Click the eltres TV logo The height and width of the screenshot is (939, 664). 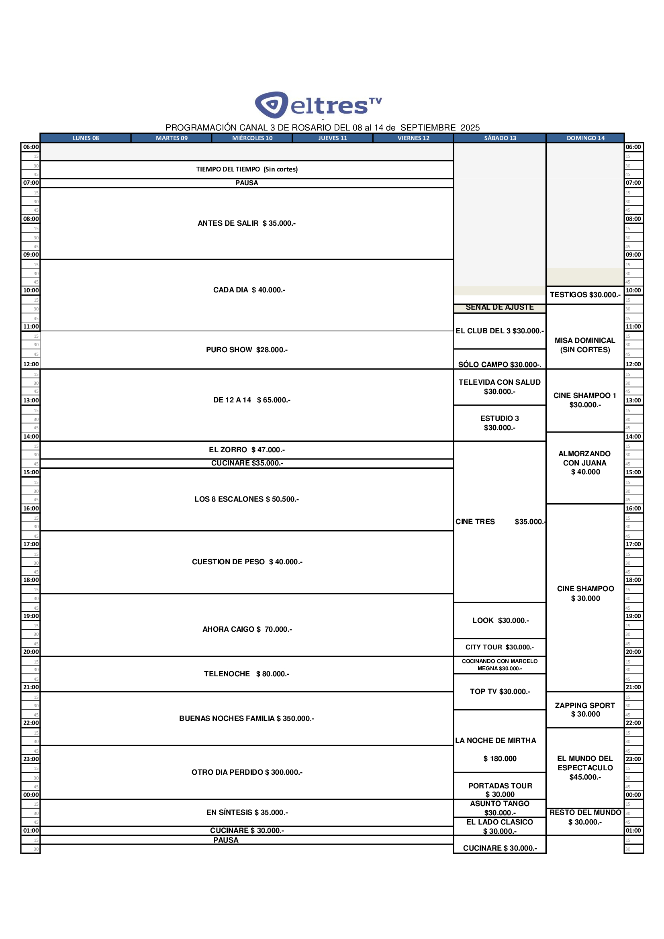[x=318, y=105]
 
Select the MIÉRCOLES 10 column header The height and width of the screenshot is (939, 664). [x=252, y=138]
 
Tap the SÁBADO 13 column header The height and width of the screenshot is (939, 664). [x=500, y=138]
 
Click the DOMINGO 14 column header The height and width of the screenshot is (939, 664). [x=585, y=138]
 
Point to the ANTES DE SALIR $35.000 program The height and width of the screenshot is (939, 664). [x=246, y=223]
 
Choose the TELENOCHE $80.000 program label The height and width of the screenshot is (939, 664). [x=246, y=674]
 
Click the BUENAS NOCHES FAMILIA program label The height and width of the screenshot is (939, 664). [x=246, y=719]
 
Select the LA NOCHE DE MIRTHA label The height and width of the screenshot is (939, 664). [x=495, y=741]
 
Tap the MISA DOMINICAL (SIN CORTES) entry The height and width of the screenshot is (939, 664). [x=584, y=345]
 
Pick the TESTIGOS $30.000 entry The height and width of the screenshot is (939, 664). [x=584, y=295]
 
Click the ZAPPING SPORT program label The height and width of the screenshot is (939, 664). [x=584, y=710]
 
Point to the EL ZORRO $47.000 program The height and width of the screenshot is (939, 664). [x=246, y=450]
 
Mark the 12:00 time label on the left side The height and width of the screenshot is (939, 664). [x=31, y=364]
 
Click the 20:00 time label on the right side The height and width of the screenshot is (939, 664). [x=633, y=652]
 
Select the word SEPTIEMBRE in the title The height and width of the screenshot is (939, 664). [x=427, y=128]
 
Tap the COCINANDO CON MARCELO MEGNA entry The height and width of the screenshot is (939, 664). [x=500, y=665]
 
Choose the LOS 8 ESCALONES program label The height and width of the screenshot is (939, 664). [x=246, y=499]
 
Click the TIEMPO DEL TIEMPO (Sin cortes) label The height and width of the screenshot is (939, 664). [x=247, y=169]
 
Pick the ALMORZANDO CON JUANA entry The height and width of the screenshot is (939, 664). [x=584, y=463]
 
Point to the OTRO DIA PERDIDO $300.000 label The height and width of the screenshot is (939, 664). [x=247, y=772]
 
